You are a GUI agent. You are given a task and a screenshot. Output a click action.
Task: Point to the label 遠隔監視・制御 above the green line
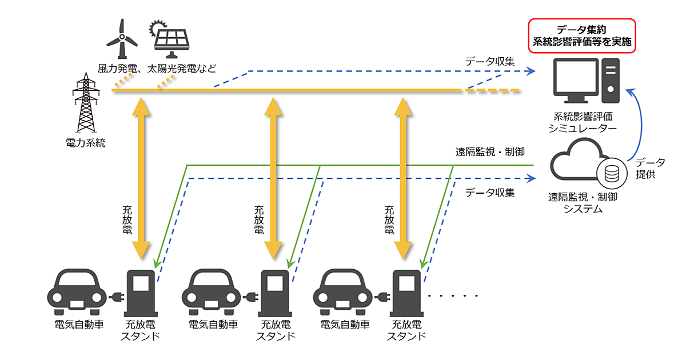(x=490, y=152)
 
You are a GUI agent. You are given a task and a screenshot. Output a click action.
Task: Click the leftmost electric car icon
(x=77, y=289)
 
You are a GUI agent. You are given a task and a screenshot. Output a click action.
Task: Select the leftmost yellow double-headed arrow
(x=141, y=177)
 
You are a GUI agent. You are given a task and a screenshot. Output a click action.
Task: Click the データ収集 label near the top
(x=490, y=61)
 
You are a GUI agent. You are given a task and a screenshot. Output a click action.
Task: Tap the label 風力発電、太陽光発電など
(x=157, y=69)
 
